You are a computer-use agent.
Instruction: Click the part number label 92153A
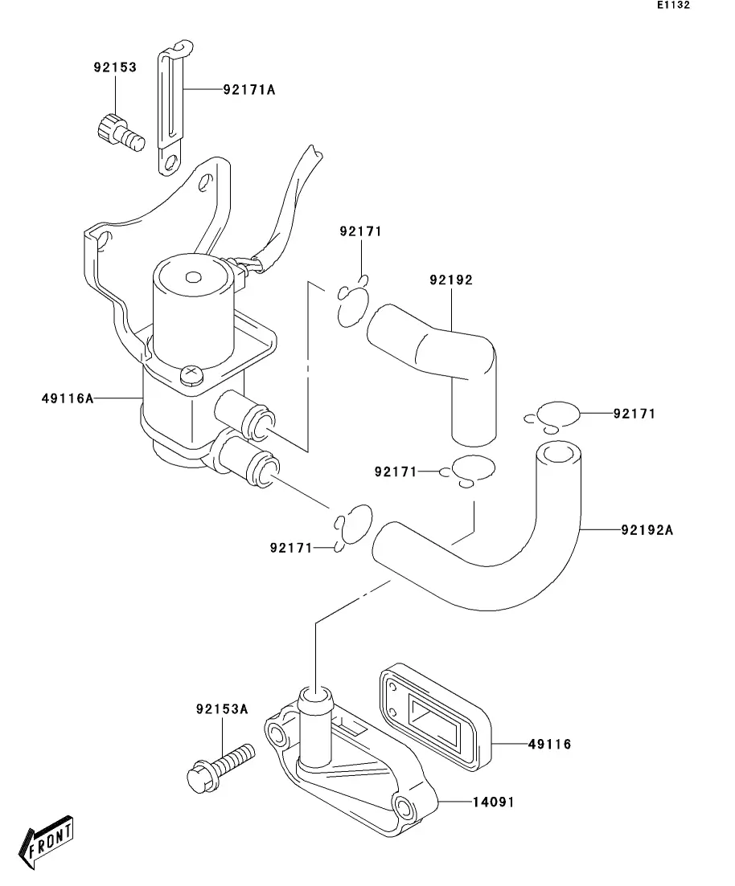(x=222, y=708)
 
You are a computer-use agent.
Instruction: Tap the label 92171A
(x=249, y=90)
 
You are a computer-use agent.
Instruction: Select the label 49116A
(x=68, y=398)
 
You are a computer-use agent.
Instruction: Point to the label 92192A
(x=647, y=530)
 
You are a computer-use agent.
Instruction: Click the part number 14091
(x=494, y=802)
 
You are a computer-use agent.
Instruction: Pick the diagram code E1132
(x=673, y=5)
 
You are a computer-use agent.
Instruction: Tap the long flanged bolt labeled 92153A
(x=220, y=767)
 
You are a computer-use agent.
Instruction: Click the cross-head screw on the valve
(x=190, y=374)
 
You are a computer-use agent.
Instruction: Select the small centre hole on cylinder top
(x=194, y=277)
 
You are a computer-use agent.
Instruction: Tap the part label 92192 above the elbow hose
(x=451, y=280)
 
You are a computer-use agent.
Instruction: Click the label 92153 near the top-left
(x=116, y=67)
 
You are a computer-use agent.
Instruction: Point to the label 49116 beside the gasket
(x=550, y=744)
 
